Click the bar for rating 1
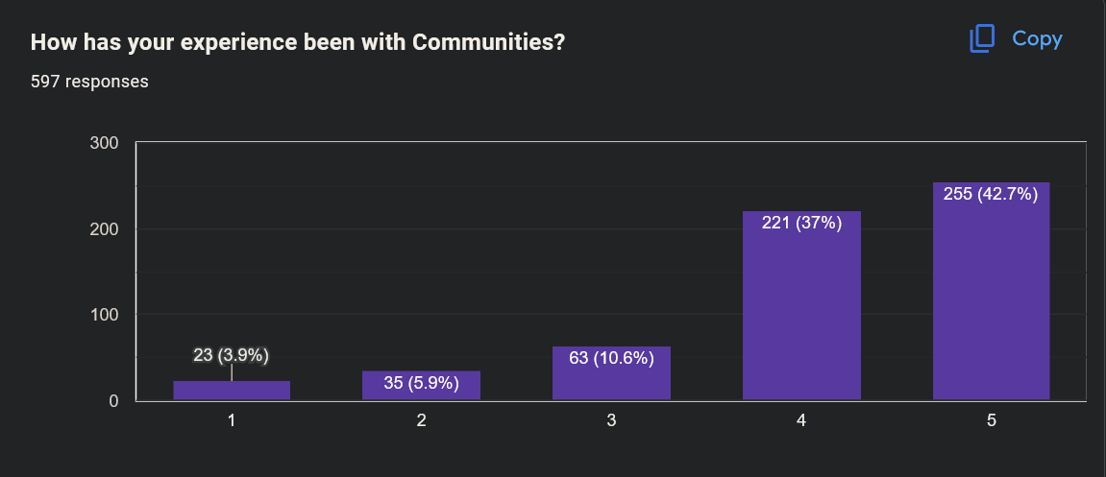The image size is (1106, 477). pos(232,391)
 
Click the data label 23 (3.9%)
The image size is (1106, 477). pos(232,355)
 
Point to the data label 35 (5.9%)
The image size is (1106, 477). pos(421,384)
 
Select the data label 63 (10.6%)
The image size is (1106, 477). pos(611,359)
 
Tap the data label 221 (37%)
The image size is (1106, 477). pos(801,224)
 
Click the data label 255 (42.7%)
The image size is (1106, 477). pos(991,194)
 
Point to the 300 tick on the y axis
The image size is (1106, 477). pos(104,143)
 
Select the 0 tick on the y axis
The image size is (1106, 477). pos(112,400)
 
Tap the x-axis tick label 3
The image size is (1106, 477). pos(611,420)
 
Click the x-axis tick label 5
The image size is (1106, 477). pos(991,420)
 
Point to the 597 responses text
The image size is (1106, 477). pos(89,82)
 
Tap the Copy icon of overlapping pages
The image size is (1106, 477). pos(981,38)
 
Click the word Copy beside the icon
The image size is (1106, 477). pos(1037,38)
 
